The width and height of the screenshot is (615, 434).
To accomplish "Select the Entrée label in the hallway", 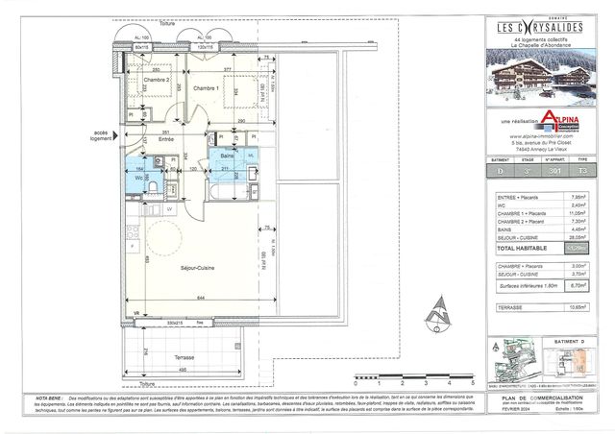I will click(166, 140).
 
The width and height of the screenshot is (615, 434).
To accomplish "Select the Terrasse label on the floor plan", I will click(184, 356).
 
